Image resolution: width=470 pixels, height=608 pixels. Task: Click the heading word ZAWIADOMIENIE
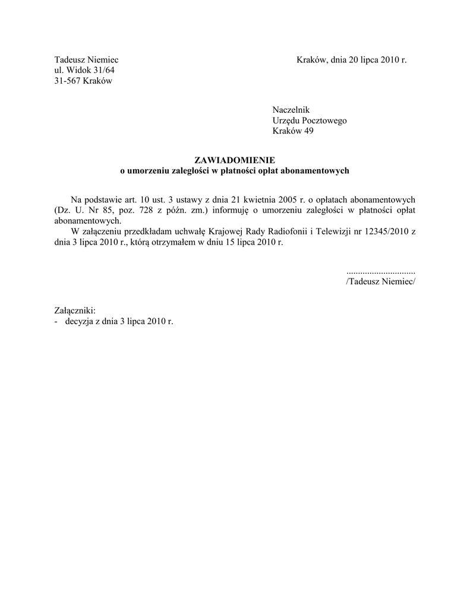tap(235, 160)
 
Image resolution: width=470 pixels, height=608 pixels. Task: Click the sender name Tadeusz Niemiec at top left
tap(86, 60)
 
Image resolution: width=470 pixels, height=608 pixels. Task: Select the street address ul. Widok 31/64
tap(84, 71)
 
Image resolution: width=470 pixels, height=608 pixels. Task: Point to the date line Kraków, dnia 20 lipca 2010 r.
tap(351, 60)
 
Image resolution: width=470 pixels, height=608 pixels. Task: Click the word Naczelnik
tap(291, 110)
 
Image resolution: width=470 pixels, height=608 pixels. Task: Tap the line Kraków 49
tap(293, 131)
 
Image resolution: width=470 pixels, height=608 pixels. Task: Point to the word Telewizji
tap(318, 232)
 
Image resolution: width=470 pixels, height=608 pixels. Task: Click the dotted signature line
tap(381, 271)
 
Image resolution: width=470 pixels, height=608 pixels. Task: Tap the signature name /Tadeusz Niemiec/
tap(381, 281)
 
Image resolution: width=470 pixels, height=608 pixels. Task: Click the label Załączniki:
tap(75, 310)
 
